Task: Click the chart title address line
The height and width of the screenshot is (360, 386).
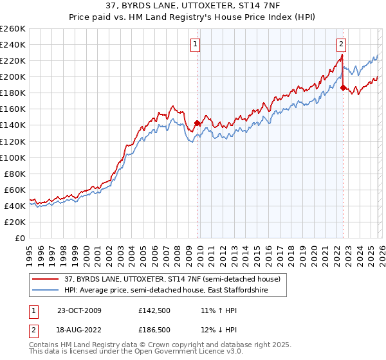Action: click(192, 6)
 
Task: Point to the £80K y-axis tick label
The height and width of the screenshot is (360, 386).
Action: click(14, 174)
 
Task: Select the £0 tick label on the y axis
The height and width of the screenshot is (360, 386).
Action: click(20, 238)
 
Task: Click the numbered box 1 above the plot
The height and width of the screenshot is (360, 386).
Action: click(195, 44)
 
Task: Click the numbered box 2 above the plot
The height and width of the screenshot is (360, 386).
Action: click(341, 44)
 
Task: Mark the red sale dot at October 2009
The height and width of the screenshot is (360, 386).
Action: click(197, 123)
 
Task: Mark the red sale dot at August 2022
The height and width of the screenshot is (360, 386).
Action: click(343, 87)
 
